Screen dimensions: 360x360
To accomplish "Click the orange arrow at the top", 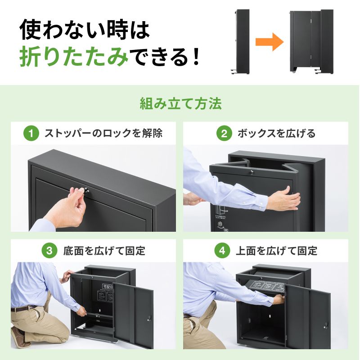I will pos(269,42).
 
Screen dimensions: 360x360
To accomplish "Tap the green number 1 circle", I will pos(31,134).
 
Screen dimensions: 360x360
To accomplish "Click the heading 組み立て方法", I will pos(180,104).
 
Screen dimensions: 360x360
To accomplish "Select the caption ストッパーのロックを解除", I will pos(103,134).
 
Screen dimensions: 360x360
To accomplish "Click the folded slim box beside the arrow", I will pos(242,42).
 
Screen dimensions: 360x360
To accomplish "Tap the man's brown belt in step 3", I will pos(24,309).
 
